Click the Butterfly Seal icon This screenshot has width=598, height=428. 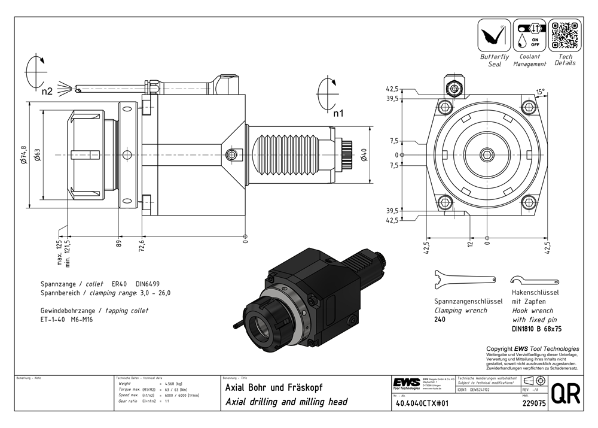tap(495, 35)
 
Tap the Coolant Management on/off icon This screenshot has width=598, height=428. tap(529, 35)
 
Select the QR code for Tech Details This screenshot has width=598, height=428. tap(565, 35)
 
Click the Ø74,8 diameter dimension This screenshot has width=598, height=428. tap(23, 155)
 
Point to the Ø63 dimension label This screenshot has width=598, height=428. tap(37, 155)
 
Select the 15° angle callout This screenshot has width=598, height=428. tap(540, 92)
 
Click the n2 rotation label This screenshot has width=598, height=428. tap(47, 92)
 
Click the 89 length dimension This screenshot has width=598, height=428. tap(119, 242)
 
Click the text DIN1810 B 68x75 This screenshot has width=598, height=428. tap(536, 329)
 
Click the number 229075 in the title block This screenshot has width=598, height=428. tap(532, 403)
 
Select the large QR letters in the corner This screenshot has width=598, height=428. tap(565, 394)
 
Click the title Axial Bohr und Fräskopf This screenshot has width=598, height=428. tap(273, 387)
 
